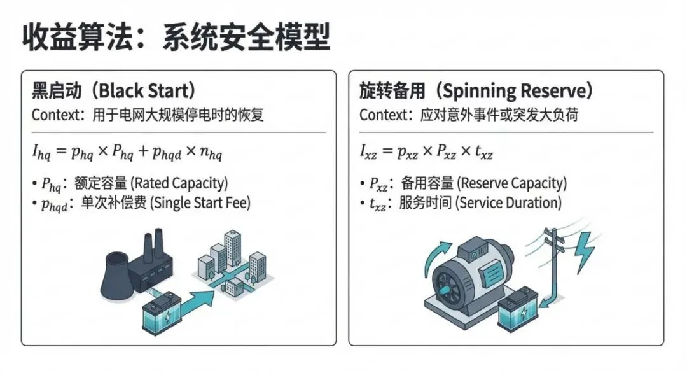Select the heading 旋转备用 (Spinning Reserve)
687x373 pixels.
pos(476,90)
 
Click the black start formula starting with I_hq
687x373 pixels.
pos(127,152)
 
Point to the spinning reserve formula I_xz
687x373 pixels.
pos(426,152)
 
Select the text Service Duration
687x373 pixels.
pos(510,203)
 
